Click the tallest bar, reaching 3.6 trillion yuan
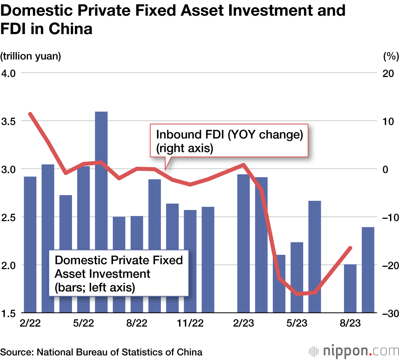click(x=101, y=212)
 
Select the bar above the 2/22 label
click(x=30, y=244)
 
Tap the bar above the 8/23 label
click(x=350, y=288)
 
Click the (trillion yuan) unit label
click(x=31, y=56)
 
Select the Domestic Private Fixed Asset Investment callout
click(x=118, y=274)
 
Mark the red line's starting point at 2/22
click(x=30, y=114)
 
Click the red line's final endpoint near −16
click(x=350, y=248)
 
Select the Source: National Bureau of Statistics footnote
click(x=102, y=352)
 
